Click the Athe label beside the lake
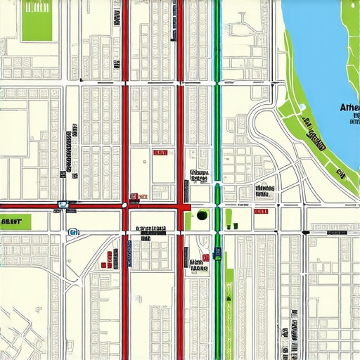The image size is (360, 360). pyautogui.click(x=349, y=107)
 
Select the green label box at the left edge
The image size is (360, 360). pyautogui.click(x=12, y=221)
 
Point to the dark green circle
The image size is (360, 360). pyautogui.click(x=202, y=215)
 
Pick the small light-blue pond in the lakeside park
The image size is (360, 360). pyautogui.click(x=302, y=108)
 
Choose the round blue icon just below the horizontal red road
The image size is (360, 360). pyautogui.click(x=72, y=231)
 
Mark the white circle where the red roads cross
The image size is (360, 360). pyautogui.click(x=125, y=205)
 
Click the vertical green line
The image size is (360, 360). pyautogui.click(x=218, y=105)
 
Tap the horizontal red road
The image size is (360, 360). pyautogui.click(x=91, y=206)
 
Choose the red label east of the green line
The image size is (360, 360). pyautogui.click(x=261, y=211)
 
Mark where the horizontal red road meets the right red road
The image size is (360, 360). pyautogui.click(x=181, y=206)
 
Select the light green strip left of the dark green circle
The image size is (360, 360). pyautogui.click(x=188, y=219)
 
